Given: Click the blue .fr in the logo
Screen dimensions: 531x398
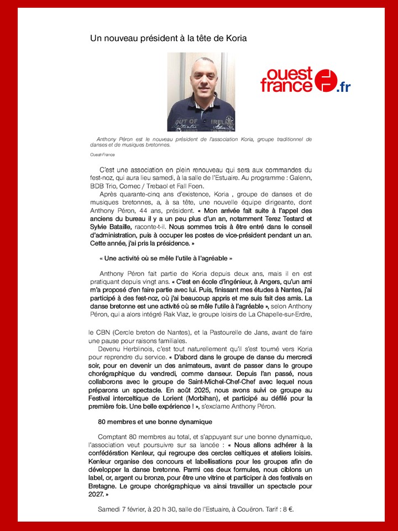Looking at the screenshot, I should tap(344, 87).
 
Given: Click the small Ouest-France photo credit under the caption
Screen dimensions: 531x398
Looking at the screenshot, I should tap(103, 155).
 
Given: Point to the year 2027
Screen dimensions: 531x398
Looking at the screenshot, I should tap(99, 494).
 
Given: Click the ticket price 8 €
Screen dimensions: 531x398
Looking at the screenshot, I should tap(286, 509).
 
